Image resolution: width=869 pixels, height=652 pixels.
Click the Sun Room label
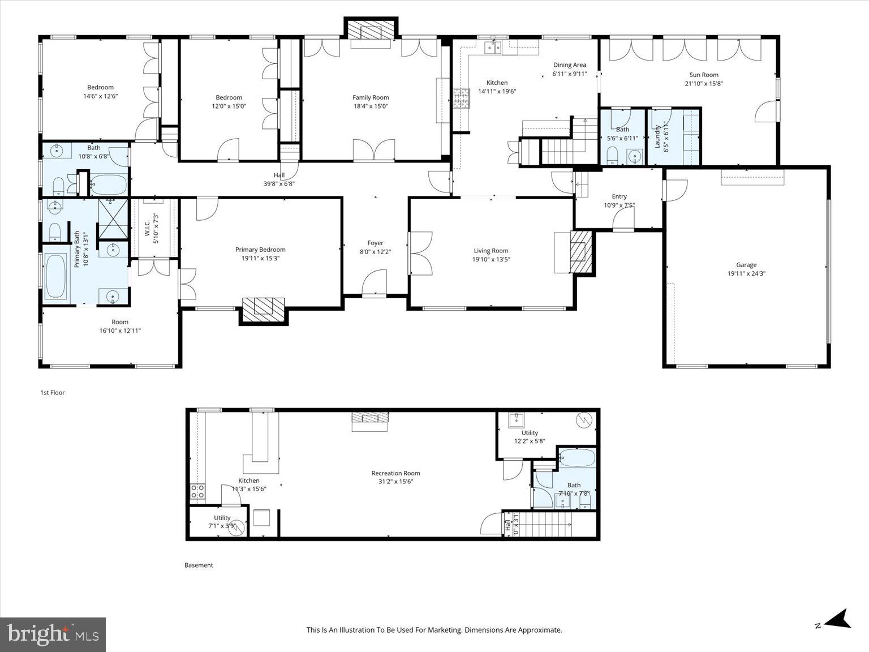(703, 75)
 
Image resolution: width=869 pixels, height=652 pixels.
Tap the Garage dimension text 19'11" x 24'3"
(746, 273)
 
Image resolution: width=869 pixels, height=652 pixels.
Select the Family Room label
(371, 97)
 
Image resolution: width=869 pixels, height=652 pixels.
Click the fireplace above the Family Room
(371, 31)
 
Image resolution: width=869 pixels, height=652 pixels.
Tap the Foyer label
(375, 243)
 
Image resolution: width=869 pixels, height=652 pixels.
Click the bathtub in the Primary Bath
(55, 277)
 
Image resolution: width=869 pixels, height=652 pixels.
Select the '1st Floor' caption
(52, 392)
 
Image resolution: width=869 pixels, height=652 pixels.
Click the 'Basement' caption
(199, 565)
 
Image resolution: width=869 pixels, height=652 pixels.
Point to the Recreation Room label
(395, 473)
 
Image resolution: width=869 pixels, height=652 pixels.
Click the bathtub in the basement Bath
(577, 458)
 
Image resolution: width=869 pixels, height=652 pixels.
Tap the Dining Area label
(569, 65)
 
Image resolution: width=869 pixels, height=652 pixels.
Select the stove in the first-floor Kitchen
(461, 98)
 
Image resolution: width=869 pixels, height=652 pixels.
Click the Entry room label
(619, 196)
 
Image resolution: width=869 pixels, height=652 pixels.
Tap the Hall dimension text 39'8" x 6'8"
(279, 183)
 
